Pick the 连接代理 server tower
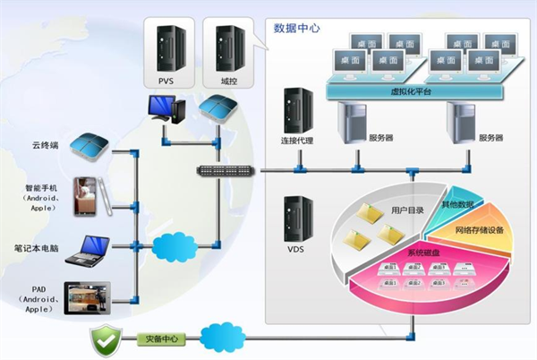tap(294, 110)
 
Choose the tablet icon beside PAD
tap(90, 298)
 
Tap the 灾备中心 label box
tap(161, 339)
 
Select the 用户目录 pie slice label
tap(407, 210)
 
